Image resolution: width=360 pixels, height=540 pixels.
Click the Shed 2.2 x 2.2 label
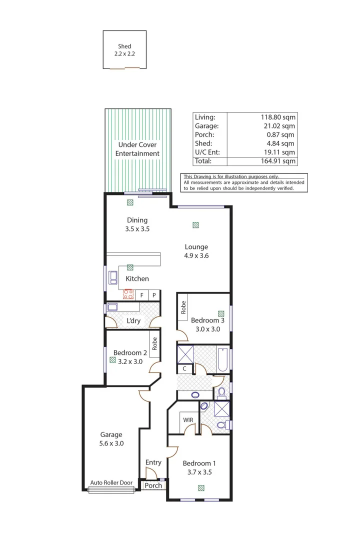coord(124,50)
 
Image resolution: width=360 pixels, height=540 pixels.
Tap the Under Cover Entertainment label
coord(137,149)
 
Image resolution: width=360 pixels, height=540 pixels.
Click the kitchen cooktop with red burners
coord(128,294)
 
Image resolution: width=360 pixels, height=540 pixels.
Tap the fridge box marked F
coord(142,295)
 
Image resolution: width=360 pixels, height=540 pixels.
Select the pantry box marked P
coord(154,295)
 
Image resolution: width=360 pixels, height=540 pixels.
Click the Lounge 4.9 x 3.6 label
coord(196,251)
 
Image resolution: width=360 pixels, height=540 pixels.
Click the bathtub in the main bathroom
coord(223,358)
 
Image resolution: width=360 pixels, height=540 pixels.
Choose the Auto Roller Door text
coord(111,483)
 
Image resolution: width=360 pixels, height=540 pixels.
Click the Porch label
coord(153,485)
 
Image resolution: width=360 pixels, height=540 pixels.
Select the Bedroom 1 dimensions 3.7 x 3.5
coord(199,471)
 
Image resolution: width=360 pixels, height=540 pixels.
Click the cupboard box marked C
coord(184,368)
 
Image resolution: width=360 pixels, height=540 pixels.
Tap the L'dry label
coord(133,320)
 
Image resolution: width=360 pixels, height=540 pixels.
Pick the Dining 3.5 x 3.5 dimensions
coord(137,229)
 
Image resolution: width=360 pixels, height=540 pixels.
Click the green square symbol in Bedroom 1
coord(201,488)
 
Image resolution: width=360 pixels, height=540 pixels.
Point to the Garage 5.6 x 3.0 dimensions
coord(111,443)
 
